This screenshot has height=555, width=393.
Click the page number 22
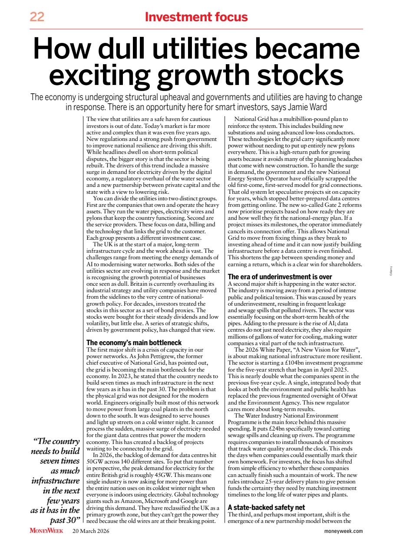(37, 17)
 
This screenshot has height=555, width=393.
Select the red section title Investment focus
(196, 17)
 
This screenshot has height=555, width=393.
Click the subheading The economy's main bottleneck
(134, 343)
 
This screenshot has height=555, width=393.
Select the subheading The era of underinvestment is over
(280, 277)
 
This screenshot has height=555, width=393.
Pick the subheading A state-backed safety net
(267, 507)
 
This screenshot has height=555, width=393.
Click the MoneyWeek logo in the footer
(46, 531)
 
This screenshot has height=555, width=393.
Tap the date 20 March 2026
(91, 531)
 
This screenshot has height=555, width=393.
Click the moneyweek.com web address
(343, 531)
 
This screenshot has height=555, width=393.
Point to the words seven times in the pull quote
(60, 461)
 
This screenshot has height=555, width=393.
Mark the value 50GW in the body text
(94, 461)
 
